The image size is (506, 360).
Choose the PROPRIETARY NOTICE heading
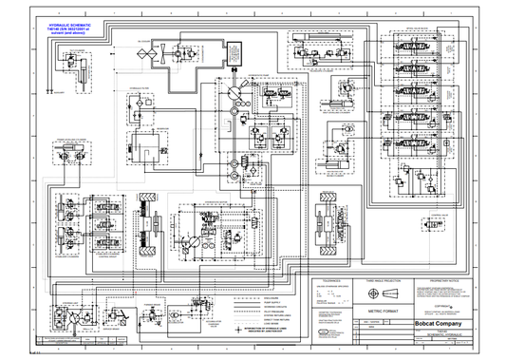coord(444,281)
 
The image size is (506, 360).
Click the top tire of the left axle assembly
coord(146,206)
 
